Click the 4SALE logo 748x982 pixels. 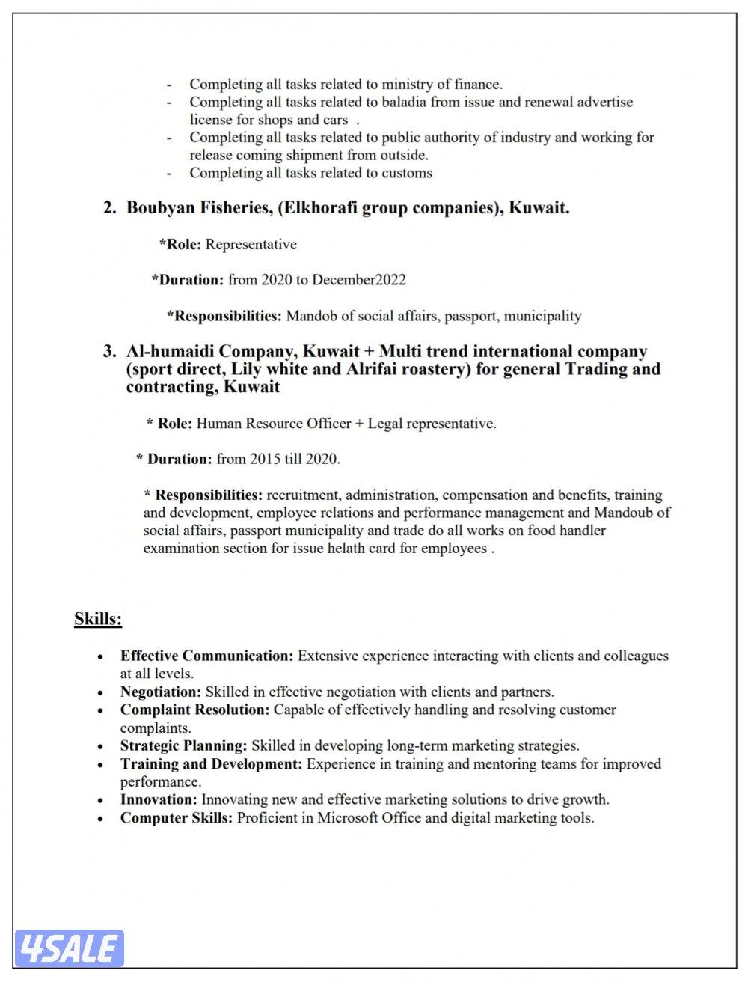pos(69,948)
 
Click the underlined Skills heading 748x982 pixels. pos(98,619)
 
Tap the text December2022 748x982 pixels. pos(359,280)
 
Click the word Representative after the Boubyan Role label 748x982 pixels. pos(251,244)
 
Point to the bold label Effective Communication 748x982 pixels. pos(207,656)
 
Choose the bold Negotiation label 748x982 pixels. pos(161,692)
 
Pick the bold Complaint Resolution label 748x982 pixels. pos(194,710)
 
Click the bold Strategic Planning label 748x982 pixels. pos(184,745)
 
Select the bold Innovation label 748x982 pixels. pos(159,799)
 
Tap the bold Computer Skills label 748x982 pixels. pos(177,817)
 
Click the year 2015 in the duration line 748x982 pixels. pos(266,459)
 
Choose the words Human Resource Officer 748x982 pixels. pos(274,424)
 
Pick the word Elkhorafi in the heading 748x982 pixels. pos(319,208)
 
